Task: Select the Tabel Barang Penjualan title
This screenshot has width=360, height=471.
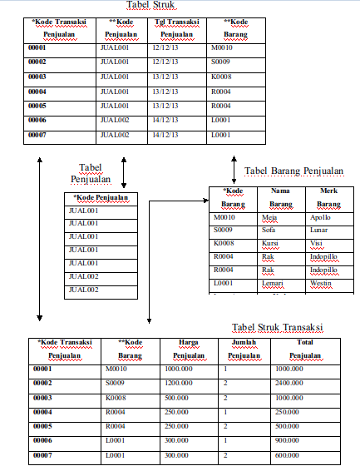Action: click(x=293, y=171)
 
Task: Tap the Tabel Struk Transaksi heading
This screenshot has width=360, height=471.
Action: click(x=278, y=327)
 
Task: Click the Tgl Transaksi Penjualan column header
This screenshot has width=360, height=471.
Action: click(x=176, y=28)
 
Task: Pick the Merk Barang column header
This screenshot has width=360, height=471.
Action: click(x=329, y=197)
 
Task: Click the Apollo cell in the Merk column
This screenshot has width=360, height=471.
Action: click(x=320, y=217)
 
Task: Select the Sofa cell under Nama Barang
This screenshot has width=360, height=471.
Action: click(x=269, y=231)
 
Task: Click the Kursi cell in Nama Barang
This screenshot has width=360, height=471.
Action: click(x=270, y=244)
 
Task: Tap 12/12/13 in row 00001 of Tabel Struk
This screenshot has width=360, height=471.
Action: click(x=166, y=48)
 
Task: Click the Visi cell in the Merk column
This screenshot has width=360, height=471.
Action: click(x=316, y=244)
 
